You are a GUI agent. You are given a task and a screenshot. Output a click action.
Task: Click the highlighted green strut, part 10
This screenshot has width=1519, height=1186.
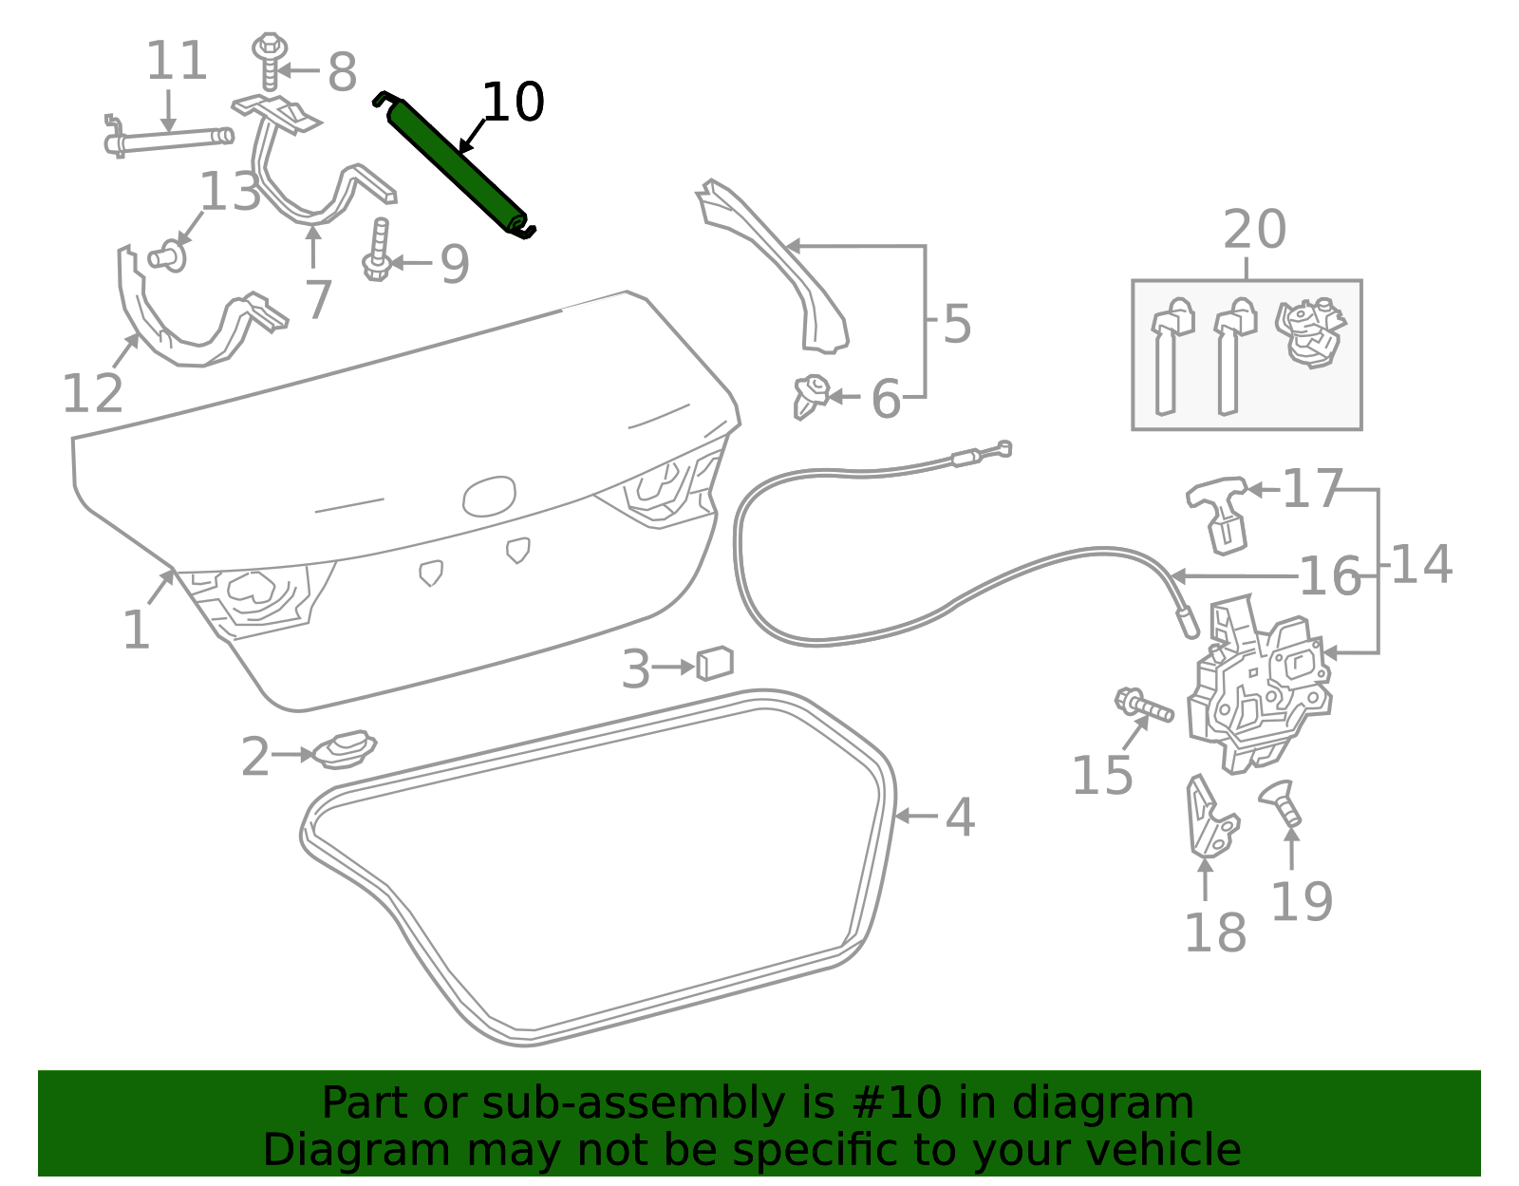tap(455, 165)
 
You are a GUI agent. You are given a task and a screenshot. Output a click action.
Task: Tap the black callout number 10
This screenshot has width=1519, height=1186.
tap(513, 102)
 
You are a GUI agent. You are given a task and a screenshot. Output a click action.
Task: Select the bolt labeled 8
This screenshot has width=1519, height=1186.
tap(270, 62)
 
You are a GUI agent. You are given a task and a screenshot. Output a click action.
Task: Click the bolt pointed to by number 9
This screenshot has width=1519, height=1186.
tap(378, 250)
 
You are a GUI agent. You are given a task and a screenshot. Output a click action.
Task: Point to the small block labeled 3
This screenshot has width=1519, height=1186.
tap(715, 663)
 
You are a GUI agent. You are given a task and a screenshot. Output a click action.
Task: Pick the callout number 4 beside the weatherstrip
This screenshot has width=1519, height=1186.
tap(960, 817)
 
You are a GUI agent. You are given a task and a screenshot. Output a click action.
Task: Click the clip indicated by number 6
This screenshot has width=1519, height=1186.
tap(811, 396)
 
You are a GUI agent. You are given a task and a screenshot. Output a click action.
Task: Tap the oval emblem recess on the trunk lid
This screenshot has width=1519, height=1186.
tap(489, 497)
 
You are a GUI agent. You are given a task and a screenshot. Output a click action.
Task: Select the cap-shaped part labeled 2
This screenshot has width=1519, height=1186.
tap(344, 750)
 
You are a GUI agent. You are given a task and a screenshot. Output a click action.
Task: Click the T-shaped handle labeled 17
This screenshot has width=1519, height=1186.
tap(1218, 514)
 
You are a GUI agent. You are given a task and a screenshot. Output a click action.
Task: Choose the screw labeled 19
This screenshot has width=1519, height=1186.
tap(1281, 803)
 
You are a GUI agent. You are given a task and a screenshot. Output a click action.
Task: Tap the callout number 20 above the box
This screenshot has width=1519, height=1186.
tap(1254, 229)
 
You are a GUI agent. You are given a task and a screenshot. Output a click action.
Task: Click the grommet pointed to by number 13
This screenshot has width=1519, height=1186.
tap(168, 257)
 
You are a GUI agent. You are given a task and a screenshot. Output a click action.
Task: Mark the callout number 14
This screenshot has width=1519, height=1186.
tap(1421, 564)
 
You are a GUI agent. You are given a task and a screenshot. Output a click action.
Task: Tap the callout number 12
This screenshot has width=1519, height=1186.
tap(92, 393)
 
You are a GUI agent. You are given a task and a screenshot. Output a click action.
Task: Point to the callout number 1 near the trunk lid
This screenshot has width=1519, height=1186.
tap(137, 630)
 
